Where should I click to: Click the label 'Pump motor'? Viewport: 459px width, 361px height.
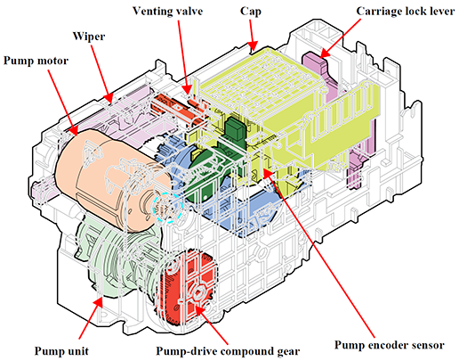pyautogui.click(x=36, y=61)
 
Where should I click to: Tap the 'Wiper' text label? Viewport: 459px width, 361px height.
pyautogui.click(x=89, y=37)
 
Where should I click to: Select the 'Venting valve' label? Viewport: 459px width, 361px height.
pyautogui.click(x=167, y=12)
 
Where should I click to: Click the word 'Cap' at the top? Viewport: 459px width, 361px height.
pyautogui.click(x=251, y=12)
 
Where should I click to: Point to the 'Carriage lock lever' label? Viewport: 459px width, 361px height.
pyautogui.click(x=406, y=12)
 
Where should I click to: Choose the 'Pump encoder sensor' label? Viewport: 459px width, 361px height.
pyautogui.click(x=390, y=345)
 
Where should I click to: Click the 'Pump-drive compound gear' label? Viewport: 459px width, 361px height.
pyautogui.click(x=228, y=351)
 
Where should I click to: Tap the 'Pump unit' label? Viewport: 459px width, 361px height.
pyautogui.click(x=61, y=351)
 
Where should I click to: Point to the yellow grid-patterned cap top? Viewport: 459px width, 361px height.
pyautogui.click(x=261, y=80)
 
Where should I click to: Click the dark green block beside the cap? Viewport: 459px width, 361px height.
pyautogui.click(x=235, y=128)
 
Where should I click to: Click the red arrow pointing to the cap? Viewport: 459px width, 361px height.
pyautogui.click(x=252, y=35)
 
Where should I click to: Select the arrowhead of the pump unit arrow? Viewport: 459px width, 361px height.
pyautogui.click(x=98, y=303)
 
